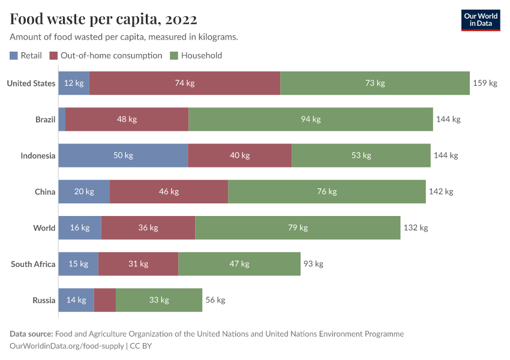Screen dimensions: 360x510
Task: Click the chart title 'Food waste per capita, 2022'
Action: pos(103,19)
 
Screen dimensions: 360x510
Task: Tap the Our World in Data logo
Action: pos(481,20)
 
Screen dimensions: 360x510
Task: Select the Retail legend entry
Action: pos(26,55)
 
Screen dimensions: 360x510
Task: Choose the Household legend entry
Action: pos(196,55)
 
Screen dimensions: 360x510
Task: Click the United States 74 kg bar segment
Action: pos(185,83)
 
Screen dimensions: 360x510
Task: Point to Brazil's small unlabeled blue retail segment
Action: pos(62,119)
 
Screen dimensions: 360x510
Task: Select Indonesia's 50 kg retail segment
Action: pos(123,155)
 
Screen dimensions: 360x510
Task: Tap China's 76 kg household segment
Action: pos(327,191)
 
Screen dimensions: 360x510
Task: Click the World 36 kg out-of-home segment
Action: pos(148,227)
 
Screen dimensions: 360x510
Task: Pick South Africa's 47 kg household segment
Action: pos(239,263)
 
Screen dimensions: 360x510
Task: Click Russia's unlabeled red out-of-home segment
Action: pos(105,299)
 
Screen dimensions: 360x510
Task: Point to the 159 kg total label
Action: pos(485,83)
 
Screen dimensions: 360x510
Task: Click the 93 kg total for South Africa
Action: pos(313,263)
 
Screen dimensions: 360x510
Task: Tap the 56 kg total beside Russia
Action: pos(215,299)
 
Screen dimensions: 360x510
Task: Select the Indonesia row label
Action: pos(38,155)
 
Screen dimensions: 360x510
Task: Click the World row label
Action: pos(44,227)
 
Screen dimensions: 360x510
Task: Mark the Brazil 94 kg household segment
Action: pos(311,119)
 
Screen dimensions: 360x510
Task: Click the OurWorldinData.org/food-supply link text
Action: pos(67,346)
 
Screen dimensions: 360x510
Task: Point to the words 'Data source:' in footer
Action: pos(31,334)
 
